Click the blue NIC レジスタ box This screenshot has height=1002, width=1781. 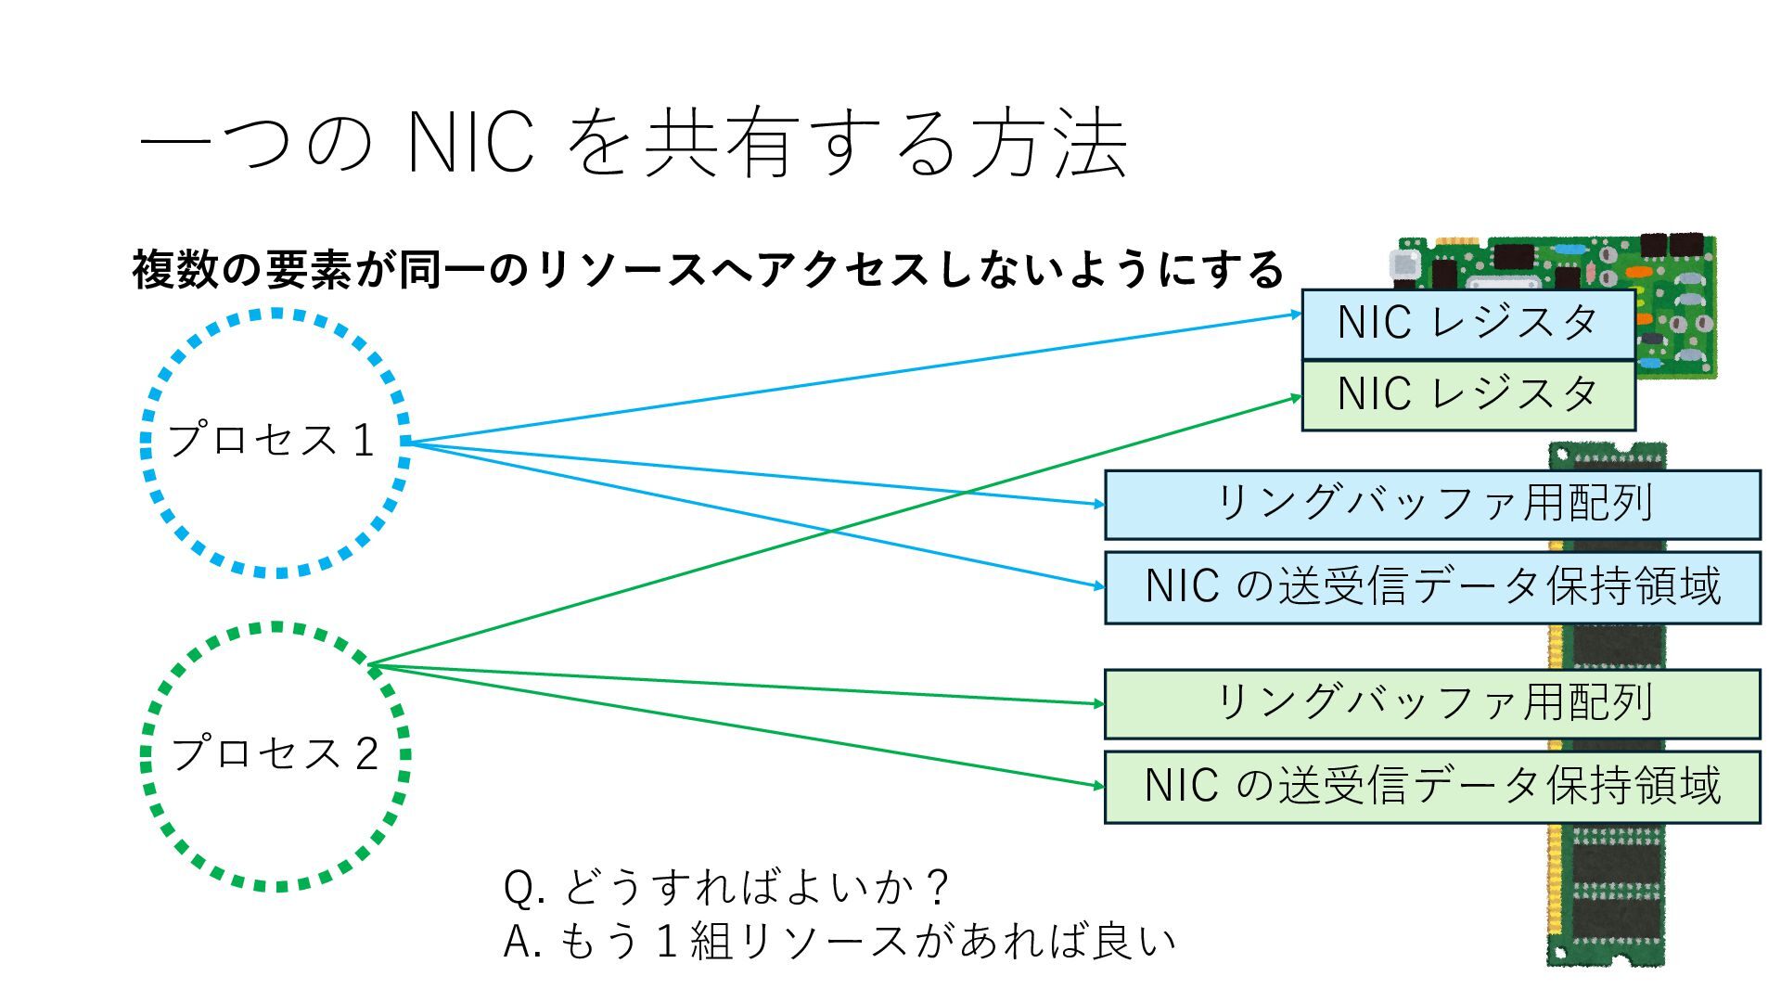click(x=1467, y=324)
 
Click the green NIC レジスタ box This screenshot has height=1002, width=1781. click(x=1467, y=394)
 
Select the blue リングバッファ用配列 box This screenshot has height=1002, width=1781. click(x=1432, y=504)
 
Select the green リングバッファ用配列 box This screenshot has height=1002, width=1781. click(x=1432, y=703)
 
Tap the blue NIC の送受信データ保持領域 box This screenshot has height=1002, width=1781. click(x=1432, y=587)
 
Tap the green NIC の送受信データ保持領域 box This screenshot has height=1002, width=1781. click(x=1432, y=787)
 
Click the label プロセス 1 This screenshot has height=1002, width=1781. click(x=272, y=440)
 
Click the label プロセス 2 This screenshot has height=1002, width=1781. click(x=275, y=753)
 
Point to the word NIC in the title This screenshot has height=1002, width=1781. click(x=470, y=144)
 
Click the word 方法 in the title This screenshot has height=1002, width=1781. click(x=1048, y=144)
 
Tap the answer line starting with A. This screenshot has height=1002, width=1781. click(x=839, y=942)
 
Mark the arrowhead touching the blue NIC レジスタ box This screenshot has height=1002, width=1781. click(x=1297, y=315)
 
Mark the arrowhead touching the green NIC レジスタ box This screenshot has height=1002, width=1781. click(x=1297, y=397)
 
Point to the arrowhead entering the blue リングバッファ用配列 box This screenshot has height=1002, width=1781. click(x=1099, y=504)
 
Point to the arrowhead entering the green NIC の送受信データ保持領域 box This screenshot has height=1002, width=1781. click(x=1099, y=786)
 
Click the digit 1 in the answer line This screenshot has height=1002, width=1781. click(x=664, y=942)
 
